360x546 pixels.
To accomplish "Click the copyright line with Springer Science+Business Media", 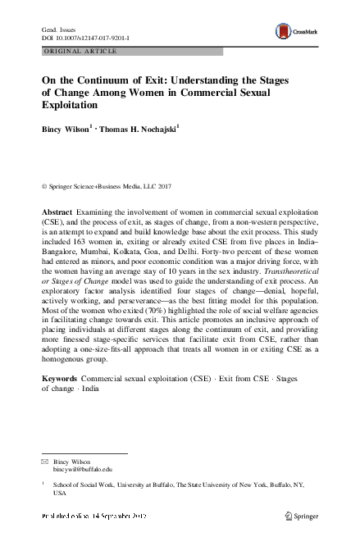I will tap(111, 187).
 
